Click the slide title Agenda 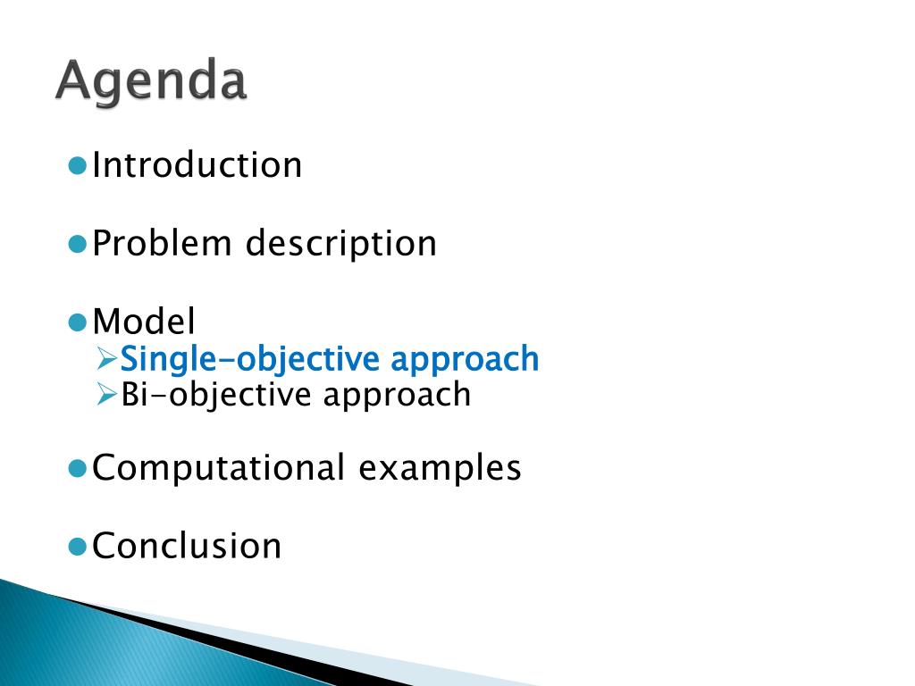coord(151,81)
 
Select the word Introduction coord(197,164)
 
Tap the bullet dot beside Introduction coord(78,165)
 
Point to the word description coord(340,244)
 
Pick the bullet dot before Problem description coord(78,244)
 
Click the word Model coord(144,322)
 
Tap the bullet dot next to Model coord(78,322)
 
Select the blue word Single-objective coord(250,359)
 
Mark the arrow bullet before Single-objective coord(107,359)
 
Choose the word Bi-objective coord(216,396)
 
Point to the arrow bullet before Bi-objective coord(107,395)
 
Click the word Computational coord(218,468)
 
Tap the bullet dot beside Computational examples coord(78,468)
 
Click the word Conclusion coord(187,546)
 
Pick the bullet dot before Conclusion coord(78,547)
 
